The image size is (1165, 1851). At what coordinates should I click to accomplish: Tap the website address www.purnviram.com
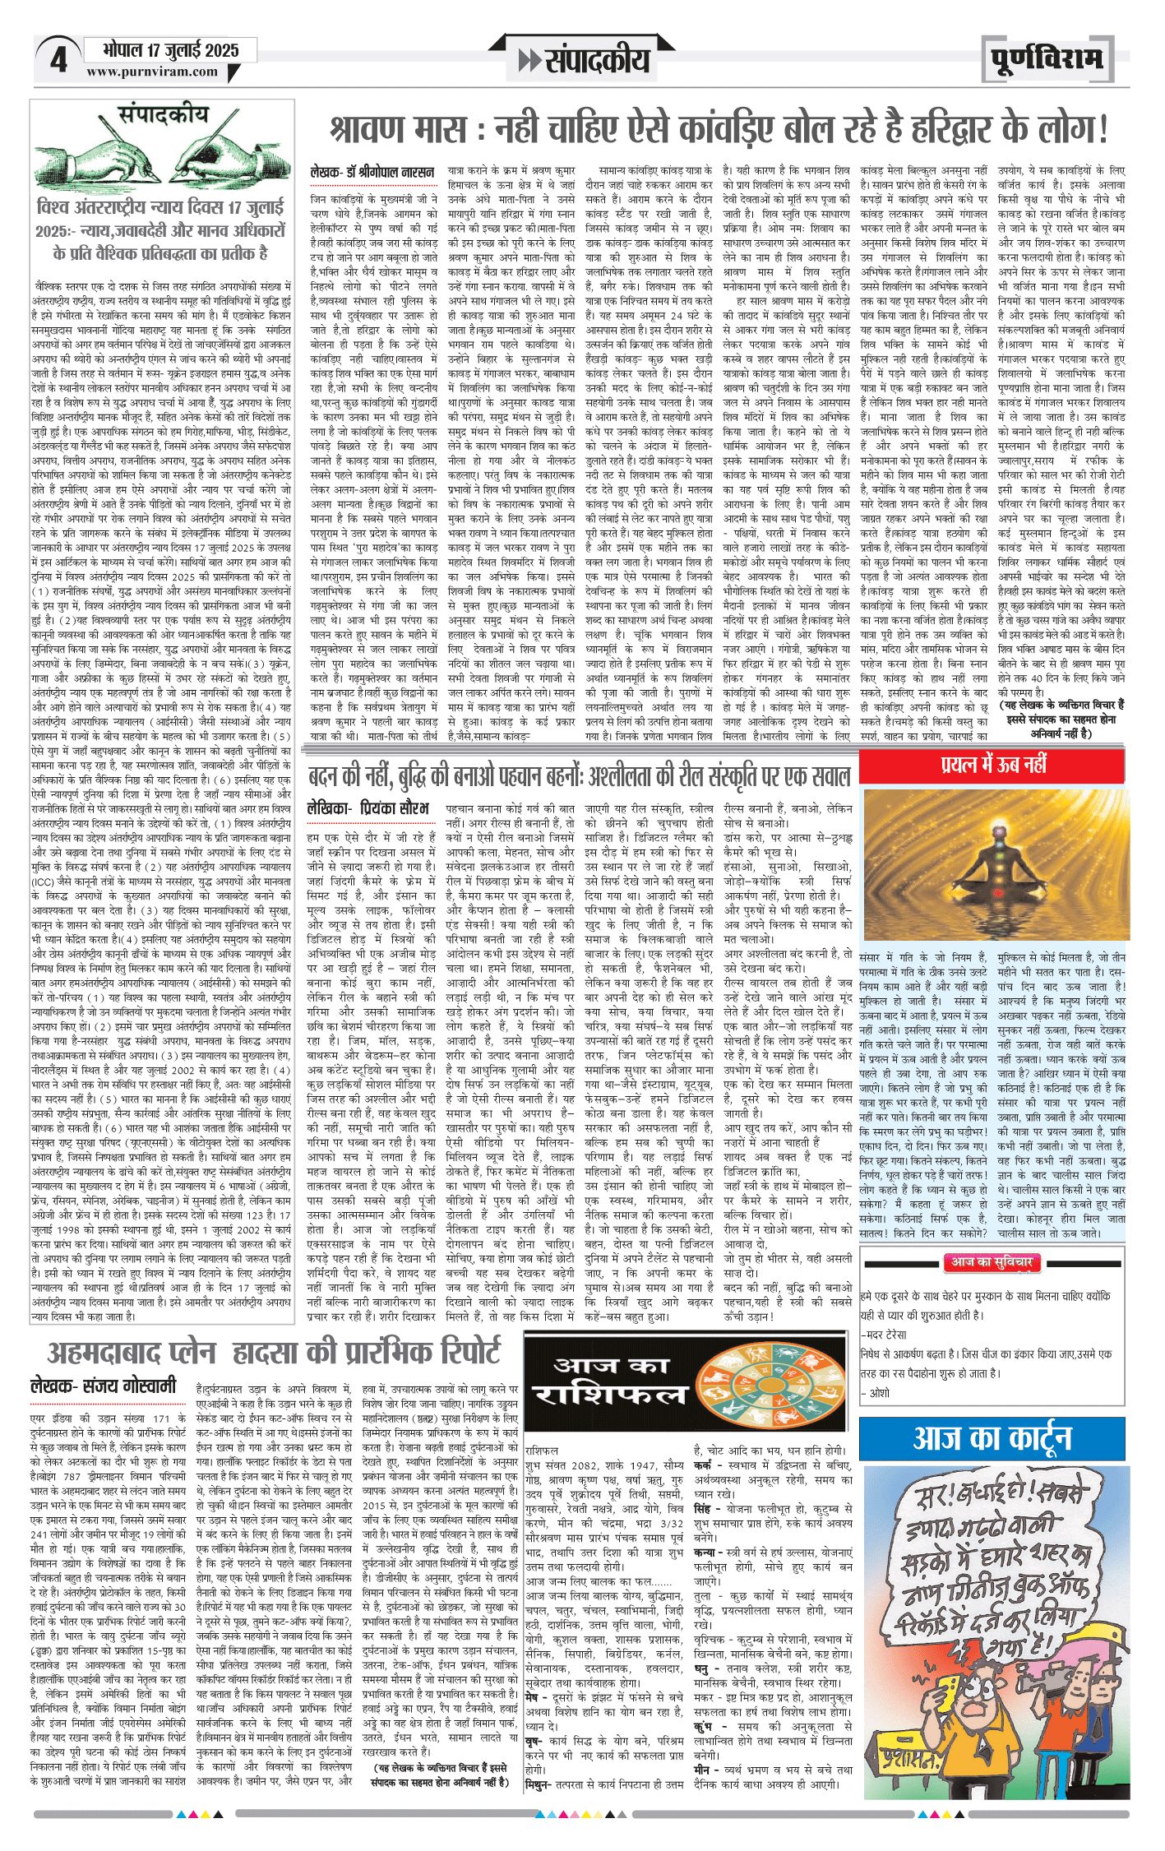point(152,72)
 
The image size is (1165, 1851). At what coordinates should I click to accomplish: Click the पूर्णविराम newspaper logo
point(1045,60)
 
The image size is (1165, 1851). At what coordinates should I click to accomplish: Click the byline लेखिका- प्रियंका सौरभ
point(368,809)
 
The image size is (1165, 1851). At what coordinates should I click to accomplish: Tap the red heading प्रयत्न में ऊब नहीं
point(993,766)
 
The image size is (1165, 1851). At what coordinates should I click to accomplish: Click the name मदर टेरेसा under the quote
point(887,1334)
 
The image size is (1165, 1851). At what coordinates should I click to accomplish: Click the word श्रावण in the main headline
point(384,128)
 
